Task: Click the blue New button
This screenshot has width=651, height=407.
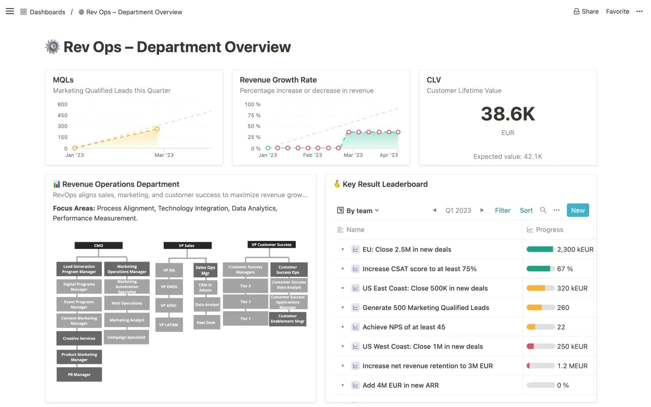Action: pos(577,210)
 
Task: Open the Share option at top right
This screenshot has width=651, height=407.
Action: pos(586,12)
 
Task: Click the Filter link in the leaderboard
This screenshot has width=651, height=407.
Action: pos(502,210)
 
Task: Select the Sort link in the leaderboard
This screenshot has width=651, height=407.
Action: pos(526,210)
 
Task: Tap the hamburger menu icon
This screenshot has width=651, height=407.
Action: pos(10,12)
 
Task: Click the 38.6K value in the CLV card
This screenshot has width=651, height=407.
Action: pos(508,114)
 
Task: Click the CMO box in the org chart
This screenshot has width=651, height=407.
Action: pos(98,246)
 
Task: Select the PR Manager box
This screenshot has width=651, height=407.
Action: pos(79,375)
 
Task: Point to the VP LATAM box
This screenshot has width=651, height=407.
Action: pos(169,325)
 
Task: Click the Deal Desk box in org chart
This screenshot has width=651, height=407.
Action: pos(206,323)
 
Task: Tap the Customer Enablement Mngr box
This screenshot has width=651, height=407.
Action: pos(288,318)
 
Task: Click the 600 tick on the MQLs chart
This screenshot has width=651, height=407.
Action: pos(62,104)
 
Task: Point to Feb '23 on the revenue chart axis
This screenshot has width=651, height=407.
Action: pos(312,155)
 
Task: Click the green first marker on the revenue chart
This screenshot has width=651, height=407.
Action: pos(268,148)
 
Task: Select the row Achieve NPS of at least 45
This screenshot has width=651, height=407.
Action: pos(403,327)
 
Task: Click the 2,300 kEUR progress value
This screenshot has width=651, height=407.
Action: pos(575,249)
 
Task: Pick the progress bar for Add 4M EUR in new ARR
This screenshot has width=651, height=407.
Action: pos(540,385)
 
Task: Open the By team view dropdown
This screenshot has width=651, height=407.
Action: pos(358,211)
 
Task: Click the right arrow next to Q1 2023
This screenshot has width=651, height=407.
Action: pos(482,210)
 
